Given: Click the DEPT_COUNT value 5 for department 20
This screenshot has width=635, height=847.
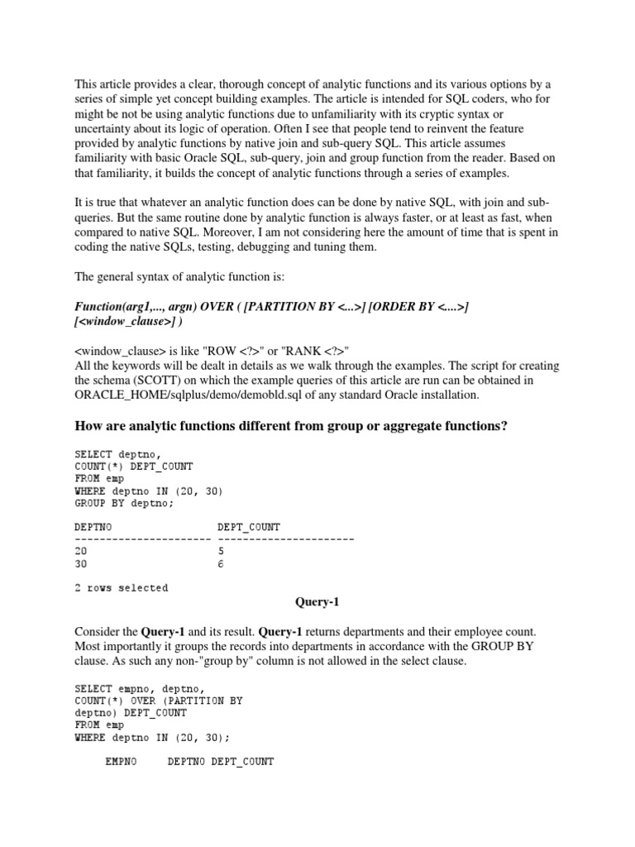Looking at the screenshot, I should pos(221,550).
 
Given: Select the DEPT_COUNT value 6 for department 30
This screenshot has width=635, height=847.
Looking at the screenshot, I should pos(221,565).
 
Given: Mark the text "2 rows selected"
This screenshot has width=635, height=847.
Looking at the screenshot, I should pos(121,588).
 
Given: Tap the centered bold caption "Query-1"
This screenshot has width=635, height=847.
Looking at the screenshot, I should pos(317,602).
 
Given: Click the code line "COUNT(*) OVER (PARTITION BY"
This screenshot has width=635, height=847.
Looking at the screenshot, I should pos(158,677).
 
